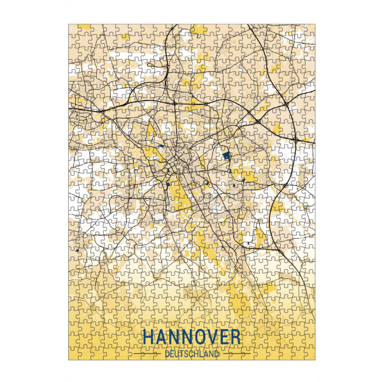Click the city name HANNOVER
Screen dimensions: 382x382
point(191,337)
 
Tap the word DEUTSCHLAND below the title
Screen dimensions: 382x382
point(191,353)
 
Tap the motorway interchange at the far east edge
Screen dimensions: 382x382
point(297,139)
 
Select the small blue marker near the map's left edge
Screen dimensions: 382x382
point(76,251)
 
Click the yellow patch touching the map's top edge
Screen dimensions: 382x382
point(199,29)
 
